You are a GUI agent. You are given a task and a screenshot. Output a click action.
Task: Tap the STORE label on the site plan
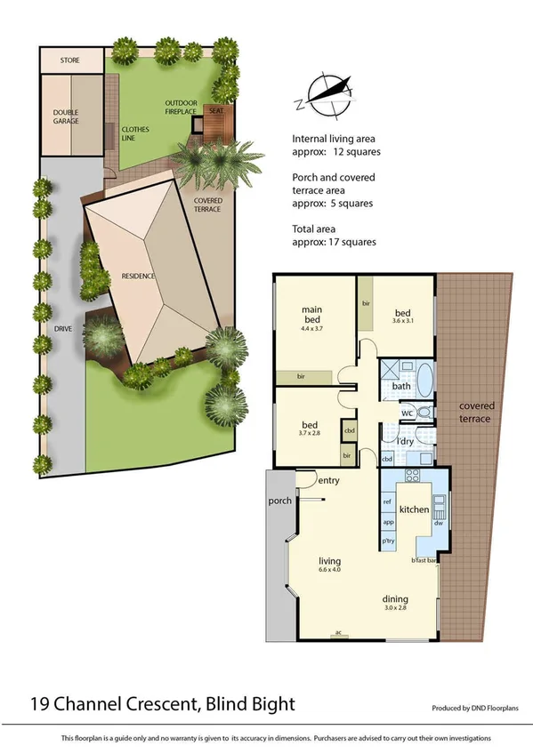pyautogui.click(x=69, y=60)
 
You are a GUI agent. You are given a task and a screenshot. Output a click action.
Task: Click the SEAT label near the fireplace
pyautogui.click(x=216, y=111)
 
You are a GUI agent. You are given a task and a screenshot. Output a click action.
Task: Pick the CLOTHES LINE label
pyautogui.click(x=135, y=134)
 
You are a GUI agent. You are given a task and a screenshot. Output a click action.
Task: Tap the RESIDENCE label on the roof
pyautogui.click(x=138, y=276)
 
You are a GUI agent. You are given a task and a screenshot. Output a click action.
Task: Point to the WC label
pyautogui.click(x=406, y=413)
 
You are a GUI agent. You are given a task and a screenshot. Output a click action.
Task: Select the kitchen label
pyautogui.click(x=414, y=509)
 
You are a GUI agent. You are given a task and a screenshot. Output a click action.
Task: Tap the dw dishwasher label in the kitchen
pyautogui.click(x=439, y=523)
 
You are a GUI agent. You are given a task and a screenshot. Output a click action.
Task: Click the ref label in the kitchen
pyautogui.click(x=387, y=502)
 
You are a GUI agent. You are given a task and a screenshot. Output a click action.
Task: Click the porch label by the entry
pyautogui.click(x=280, y=501)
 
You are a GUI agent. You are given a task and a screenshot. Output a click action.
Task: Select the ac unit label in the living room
pyautogui.click(x=338, y=632)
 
